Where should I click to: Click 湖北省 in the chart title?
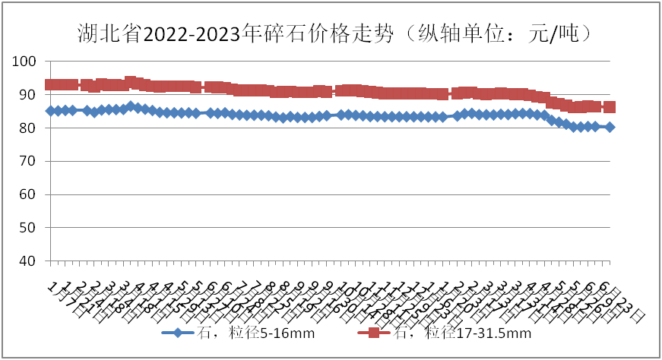(109, 33)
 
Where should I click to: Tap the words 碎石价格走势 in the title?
(326, 33)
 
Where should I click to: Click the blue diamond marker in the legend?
(176, 333)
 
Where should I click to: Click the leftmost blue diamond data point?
(50, 111)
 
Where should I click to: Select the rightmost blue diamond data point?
(610, 127)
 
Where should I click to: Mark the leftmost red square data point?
(50, 85)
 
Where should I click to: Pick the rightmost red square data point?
(610, 107)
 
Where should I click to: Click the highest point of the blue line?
(131, 106)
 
